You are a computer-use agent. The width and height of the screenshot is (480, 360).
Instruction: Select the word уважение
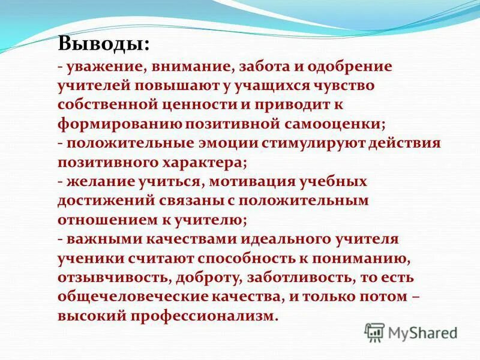[104, 66]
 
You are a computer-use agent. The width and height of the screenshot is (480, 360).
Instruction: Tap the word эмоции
[226, 143]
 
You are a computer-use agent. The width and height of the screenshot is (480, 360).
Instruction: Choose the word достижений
[101, 200]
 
